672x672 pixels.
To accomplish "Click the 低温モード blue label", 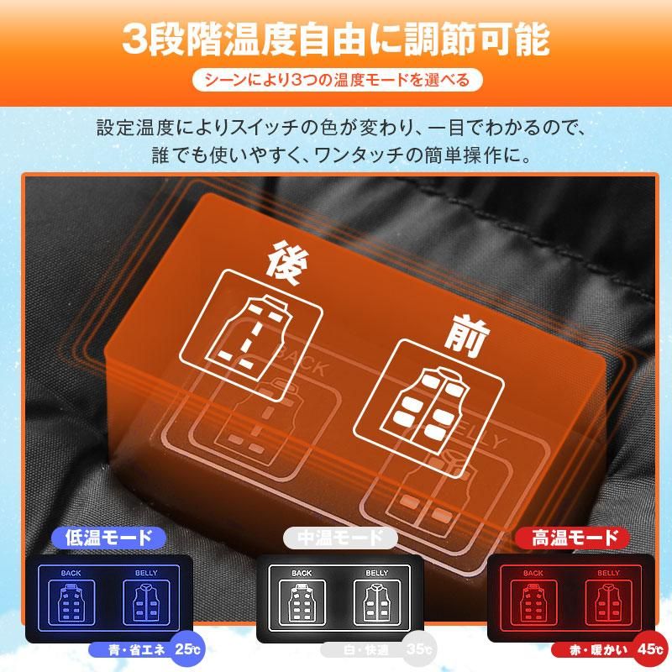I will click(108, 538).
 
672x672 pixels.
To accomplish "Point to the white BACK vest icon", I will click(302, 600).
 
